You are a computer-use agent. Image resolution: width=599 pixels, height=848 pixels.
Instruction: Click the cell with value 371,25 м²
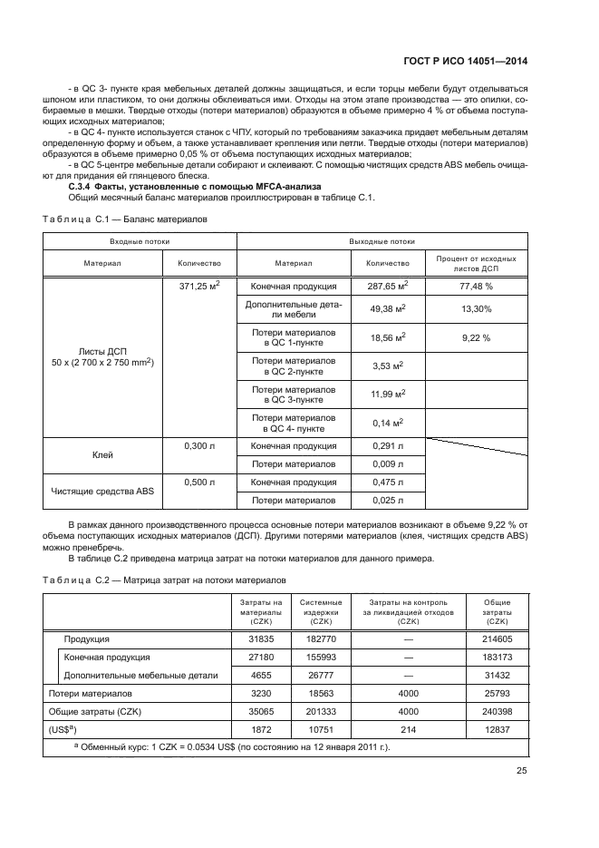click(199, 285)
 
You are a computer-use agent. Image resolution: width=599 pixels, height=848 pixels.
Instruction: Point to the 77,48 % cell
click(476, 286)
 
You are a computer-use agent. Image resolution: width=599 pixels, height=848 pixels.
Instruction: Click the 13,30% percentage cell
click(476, 310)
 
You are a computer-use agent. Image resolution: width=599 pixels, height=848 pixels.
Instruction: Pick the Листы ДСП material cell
click(102, 356)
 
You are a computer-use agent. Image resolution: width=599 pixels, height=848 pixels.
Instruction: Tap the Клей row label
click(102, 455)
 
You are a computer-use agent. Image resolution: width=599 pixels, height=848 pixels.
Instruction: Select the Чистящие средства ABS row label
click(102, 491)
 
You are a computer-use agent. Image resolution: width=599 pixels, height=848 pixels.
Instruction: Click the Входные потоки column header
click(140, 242)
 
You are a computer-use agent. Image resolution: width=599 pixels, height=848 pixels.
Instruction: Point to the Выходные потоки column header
click(382, 242)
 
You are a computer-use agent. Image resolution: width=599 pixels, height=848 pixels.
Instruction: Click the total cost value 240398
click(497, 711)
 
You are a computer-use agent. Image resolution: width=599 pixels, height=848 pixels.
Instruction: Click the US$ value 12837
click(497, 728)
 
